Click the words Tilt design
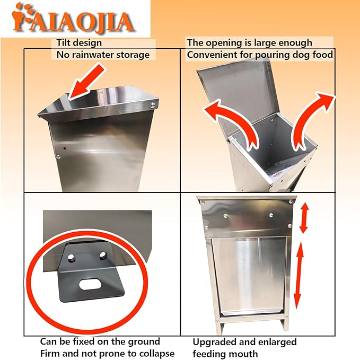tap(79, 43)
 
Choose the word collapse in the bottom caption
tap(156, 353)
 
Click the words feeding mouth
tap(225, 354)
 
